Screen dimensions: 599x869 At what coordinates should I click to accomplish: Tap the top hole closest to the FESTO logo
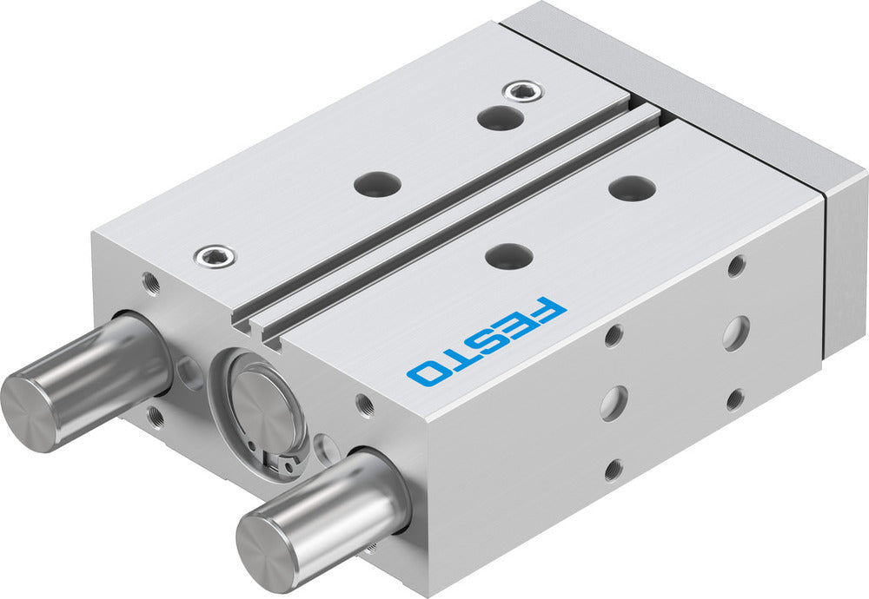(508, 255)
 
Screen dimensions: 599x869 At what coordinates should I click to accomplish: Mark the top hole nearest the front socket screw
(378, 183)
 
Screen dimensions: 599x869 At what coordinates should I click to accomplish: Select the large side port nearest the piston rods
(614, 402)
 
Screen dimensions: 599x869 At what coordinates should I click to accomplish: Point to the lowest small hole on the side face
(614, 470)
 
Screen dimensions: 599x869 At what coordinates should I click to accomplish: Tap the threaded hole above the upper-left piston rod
(151, 281)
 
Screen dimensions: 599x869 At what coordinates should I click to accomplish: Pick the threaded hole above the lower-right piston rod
(366, 404)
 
